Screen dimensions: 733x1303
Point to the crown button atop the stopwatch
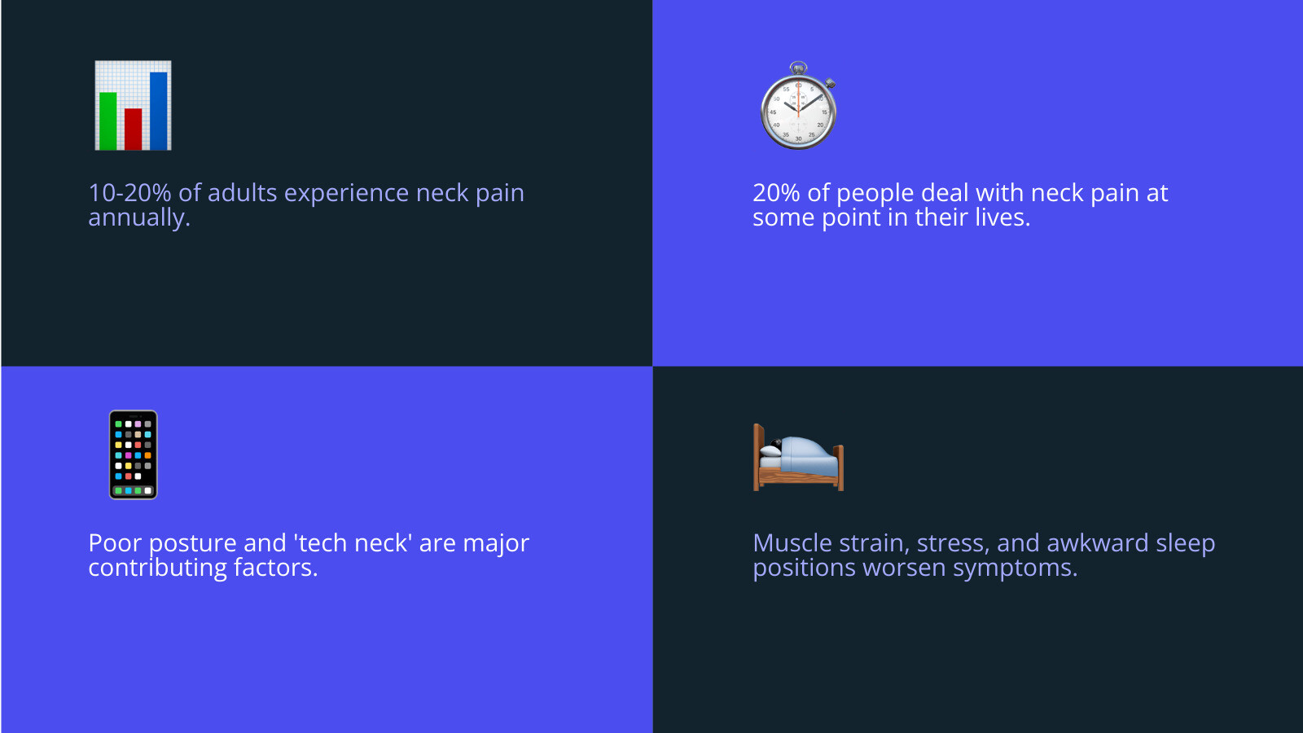(799, 68)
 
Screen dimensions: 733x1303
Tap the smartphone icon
(133, 454)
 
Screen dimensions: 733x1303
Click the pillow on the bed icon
(770, 450)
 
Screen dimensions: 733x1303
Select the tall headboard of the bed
(758, 455)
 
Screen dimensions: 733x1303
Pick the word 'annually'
(137, 217)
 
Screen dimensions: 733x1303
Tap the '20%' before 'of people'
(776, 193)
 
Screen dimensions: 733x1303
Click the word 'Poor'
(115, 543)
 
